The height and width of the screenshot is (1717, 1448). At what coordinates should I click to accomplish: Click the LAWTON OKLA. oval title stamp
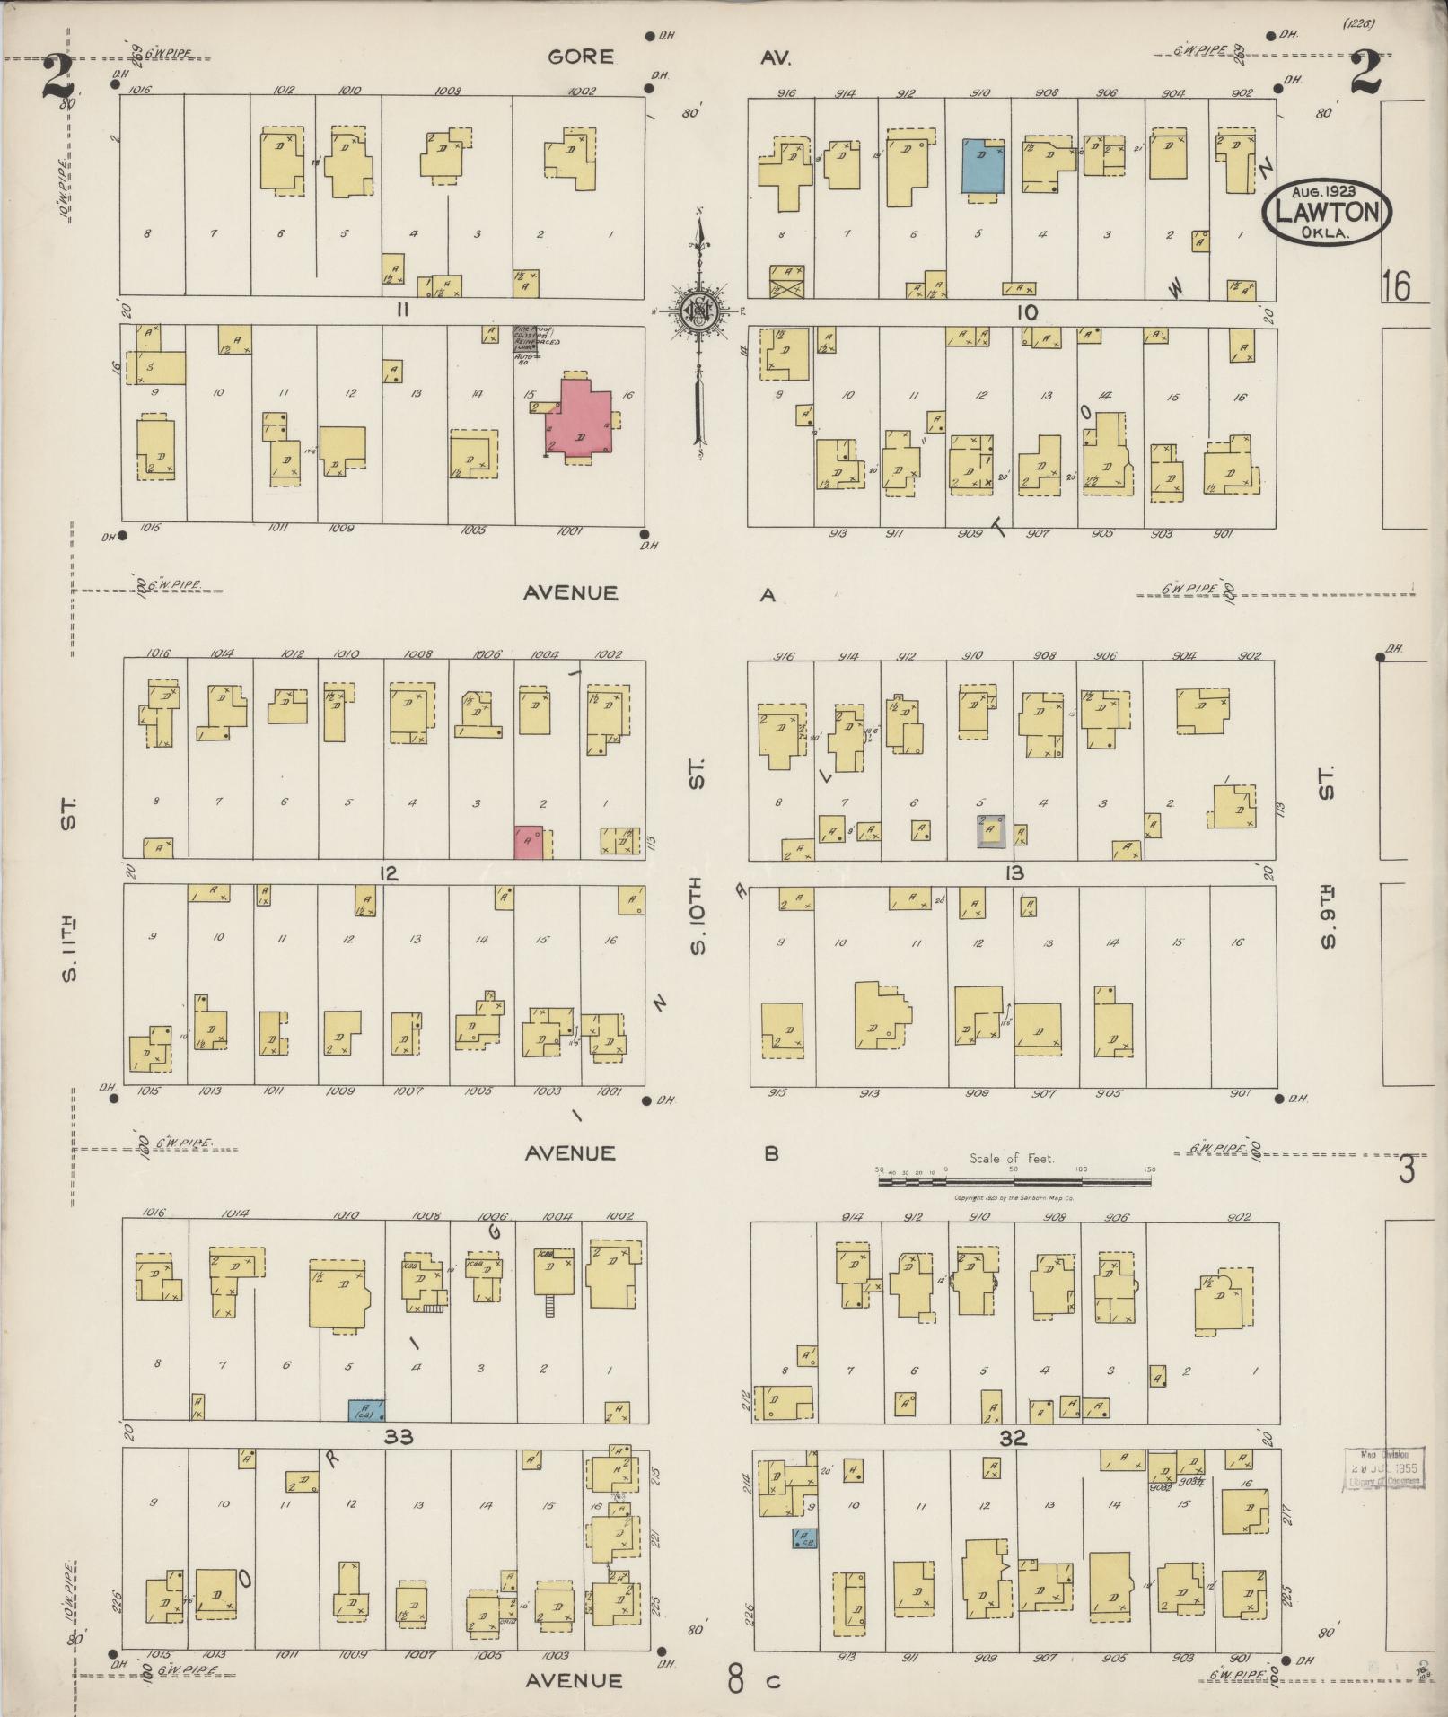click(x=1326, y=212)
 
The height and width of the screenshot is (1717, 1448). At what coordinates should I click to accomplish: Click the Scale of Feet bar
click(x=1014, y=1182)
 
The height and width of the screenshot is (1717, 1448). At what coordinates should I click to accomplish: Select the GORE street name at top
click(x=582, y=57)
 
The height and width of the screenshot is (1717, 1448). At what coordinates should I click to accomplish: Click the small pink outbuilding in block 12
click(x=528, y=842)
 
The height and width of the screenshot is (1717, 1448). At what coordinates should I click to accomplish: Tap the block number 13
click(x=1014, y=872)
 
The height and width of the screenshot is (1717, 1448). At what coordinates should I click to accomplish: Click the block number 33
click(x=398, y=1437)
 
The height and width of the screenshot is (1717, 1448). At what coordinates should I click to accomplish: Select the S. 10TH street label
click(x=699, y=917)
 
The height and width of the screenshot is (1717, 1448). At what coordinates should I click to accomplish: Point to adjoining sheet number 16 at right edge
click(x=1397, y=285)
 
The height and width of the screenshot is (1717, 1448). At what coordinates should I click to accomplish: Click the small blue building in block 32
click(x=804, y=1539)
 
